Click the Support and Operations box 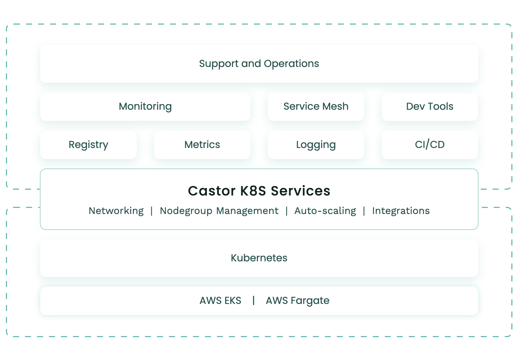click(x=259, y=64)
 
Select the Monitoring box click(x=145, y=107)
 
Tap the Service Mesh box click(x=316, y=107)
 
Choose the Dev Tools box click(x=430, y=107)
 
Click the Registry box click(x=88, y=145)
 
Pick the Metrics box click(x=202, y=145)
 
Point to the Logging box click(x=316, y=145)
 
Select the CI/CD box click(x=430, y=145)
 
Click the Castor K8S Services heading click(x=259, y=191)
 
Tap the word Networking click(x=116, y=211)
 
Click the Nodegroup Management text click(x=219, y=211)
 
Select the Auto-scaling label click(x=325, y=211)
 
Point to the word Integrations click(x=401, y=211)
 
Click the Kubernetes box click(x=259, y=258)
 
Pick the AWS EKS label click(x=220, y=301)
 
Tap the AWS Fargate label click(x=297, y=301)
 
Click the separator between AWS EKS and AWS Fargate click(x=254, y=300)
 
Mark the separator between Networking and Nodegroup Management click(x=152, y=211)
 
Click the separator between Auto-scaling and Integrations click(x=364, y=211)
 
